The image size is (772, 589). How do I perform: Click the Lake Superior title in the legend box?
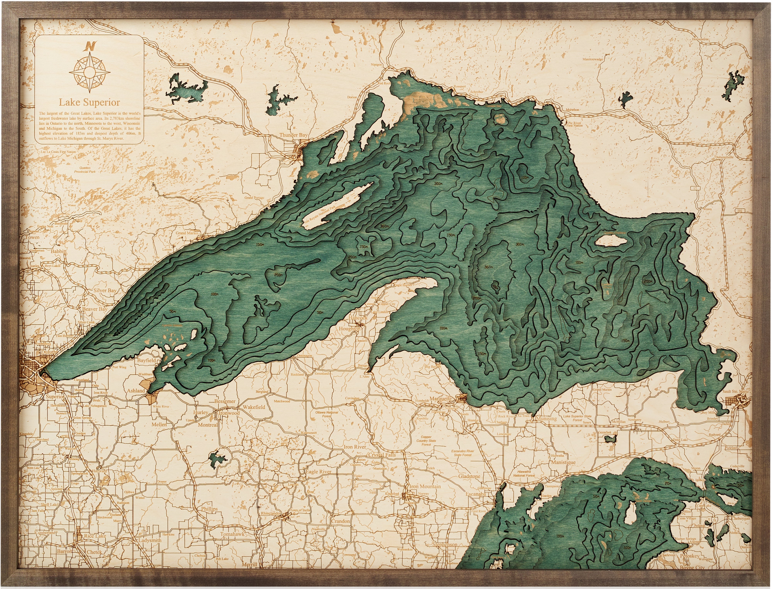89,102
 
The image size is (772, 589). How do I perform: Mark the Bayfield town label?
146,360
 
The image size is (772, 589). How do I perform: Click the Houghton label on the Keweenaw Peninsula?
349,329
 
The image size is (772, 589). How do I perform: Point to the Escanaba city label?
476,494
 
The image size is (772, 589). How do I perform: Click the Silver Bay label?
105,291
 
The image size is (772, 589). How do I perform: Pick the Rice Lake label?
95,536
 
